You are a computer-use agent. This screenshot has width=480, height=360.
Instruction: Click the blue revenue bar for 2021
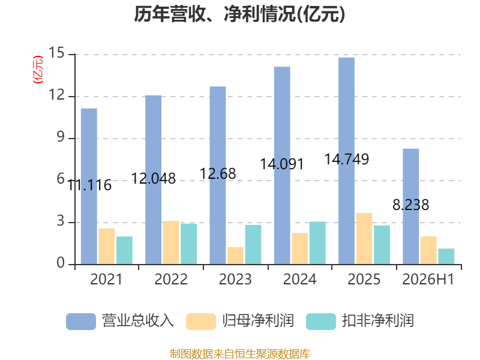tap(89, 186)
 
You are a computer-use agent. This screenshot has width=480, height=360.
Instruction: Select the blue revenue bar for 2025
tap(347, 161)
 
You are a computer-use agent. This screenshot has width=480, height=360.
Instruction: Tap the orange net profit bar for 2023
tap(235, 256)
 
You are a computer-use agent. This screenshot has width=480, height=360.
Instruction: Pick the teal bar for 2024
tap(317, 243)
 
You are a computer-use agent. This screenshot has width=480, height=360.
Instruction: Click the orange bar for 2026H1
tap(428, 250)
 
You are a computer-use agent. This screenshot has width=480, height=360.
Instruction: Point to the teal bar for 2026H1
tap(446, 256)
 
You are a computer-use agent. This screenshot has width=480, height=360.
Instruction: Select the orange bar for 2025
tap(364, 238)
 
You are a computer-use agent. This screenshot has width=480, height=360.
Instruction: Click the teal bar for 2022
tap(188, 244)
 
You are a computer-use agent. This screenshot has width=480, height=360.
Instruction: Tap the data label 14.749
tap(347, 159)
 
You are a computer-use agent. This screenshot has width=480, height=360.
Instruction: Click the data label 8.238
tap(411, 205)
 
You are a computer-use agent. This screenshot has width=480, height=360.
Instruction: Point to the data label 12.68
tap(218, 174)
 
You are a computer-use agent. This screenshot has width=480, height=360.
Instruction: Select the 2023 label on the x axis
tap(235, 279)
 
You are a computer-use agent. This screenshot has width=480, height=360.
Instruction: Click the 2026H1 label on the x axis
tap(428, 279)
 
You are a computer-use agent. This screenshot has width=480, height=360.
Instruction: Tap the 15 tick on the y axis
tap(57, 53)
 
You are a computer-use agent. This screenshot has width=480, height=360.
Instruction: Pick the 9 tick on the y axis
tap(61, 137)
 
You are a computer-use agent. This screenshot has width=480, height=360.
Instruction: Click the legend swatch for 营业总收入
tap(81, 322)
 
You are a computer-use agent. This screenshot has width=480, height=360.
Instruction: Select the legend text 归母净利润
tap(258, 321)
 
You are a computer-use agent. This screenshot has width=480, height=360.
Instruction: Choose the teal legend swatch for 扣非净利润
tap(321, 322)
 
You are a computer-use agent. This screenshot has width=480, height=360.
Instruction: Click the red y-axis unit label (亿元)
tap(38, 70)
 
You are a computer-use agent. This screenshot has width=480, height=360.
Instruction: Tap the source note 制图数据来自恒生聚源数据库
tap(240, 354)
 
